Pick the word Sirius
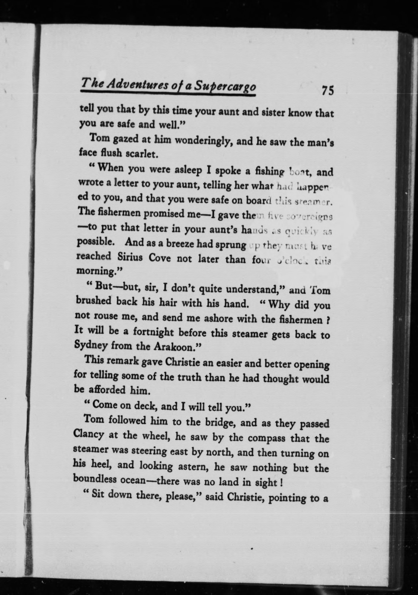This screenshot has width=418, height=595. [x=130, y=257]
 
